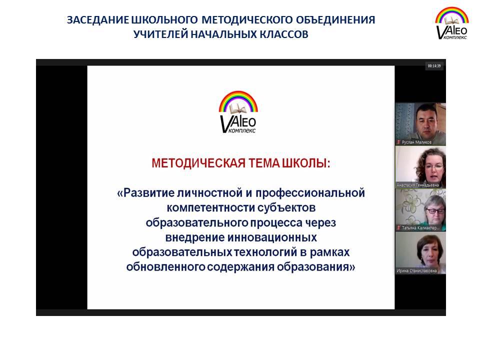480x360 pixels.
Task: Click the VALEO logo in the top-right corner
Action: coord(452,23)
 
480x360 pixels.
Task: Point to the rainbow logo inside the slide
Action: coord(238,111)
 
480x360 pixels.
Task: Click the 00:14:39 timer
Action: coord(434,66)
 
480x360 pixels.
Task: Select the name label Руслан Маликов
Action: coord(416,142)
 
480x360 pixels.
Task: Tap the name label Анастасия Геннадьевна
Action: coord(417,185)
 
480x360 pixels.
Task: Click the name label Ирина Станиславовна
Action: coord(416,270)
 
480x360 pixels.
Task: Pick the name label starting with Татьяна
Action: coord(420,228)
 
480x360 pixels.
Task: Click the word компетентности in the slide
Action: coord(210,207)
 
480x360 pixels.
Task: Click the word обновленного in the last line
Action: coord(165,266)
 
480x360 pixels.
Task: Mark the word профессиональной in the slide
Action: coord(310,193)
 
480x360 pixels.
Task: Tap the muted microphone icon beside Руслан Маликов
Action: coord(398,142)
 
